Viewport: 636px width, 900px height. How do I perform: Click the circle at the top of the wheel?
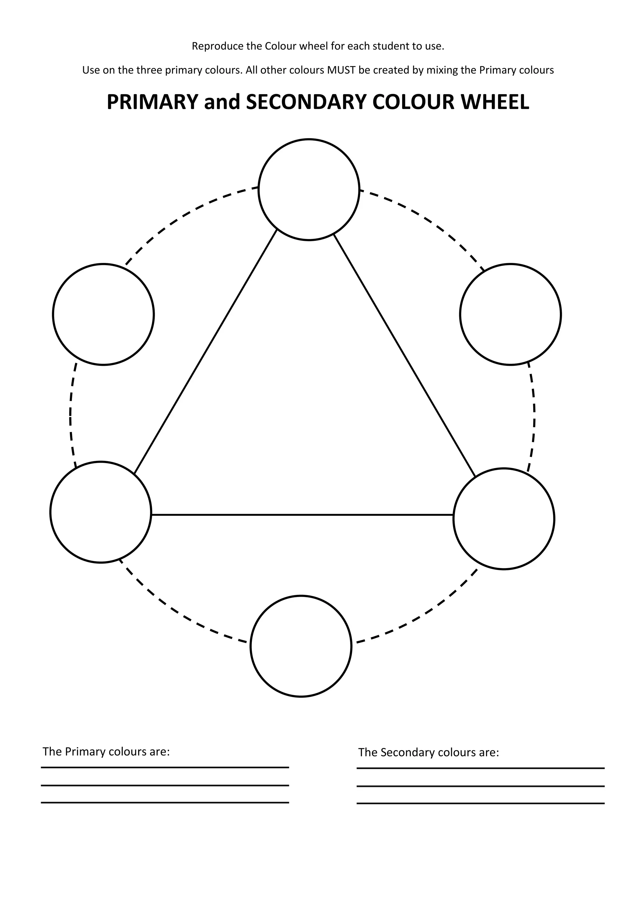coord(309,189)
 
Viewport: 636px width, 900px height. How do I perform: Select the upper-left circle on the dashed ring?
coord(103,315)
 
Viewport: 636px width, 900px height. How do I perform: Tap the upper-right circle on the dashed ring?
coord(511,315)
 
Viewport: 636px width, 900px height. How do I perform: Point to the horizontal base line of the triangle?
coord(302,514)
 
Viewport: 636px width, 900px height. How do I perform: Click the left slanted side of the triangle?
coord(206,351)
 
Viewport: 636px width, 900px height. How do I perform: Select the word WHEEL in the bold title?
coord(495,102)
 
